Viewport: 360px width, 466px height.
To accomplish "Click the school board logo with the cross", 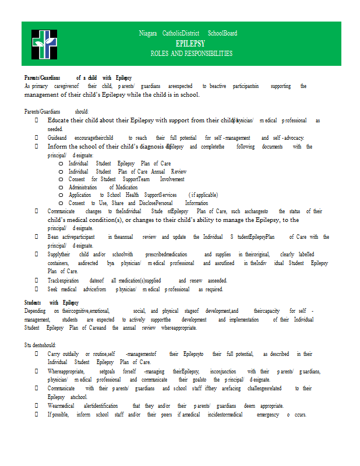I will pos(44,44).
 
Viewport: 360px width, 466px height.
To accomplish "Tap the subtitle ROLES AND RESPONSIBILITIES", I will pos(191,54).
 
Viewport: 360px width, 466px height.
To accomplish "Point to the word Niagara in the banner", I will pos(148,33).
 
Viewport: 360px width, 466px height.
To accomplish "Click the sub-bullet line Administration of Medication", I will pos(103,187).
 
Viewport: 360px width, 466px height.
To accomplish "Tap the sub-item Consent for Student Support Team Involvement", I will pos(126,179).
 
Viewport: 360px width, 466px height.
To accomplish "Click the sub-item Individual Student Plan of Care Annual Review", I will pos(127,172).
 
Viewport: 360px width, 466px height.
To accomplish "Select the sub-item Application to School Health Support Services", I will pos(143,195).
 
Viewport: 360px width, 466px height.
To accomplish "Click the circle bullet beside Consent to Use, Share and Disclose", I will pos(61,203).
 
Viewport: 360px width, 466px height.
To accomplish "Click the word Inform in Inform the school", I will pos(57,147).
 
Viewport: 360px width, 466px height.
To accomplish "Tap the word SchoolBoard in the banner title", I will pos(223,33).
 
